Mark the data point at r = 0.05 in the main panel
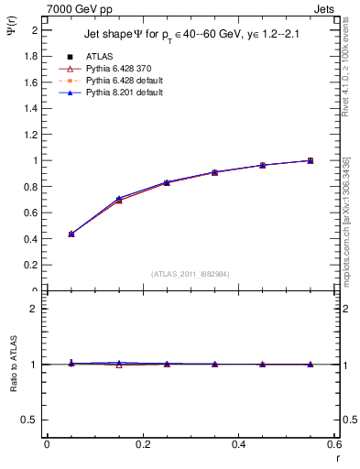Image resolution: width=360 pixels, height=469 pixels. point(71,234)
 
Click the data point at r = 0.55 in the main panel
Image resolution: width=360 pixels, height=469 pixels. point(311,160)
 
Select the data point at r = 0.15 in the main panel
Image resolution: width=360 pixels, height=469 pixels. point(119,199)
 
